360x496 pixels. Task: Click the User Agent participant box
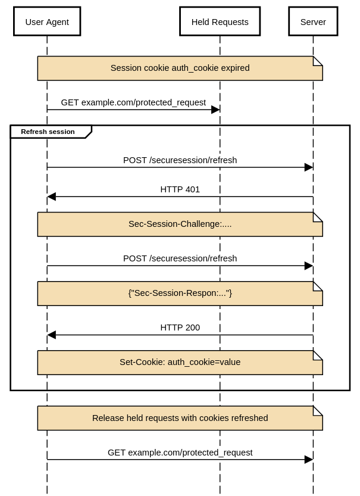47,22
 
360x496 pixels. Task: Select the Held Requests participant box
220,22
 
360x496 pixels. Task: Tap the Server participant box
313,22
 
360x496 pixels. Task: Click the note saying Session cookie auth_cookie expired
180,68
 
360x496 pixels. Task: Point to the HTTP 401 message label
180,189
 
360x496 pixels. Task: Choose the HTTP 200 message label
180,327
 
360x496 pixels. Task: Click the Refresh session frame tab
48,132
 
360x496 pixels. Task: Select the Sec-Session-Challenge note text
180,224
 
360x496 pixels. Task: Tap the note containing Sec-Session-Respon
180,294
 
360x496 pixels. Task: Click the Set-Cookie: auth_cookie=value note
180,362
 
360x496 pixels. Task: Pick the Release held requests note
180,418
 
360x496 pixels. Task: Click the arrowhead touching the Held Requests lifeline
215,110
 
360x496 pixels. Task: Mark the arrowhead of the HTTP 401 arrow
52,196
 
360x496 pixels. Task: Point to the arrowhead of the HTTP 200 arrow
52,335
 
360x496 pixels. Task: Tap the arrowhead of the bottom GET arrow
308,460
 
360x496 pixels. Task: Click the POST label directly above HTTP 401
180,160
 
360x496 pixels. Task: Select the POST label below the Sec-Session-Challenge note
180,258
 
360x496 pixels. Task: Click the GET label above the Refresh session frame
133,102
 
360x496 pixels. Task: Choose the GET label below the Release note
180,453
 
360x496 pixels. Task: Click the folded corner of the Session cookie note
318,61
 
